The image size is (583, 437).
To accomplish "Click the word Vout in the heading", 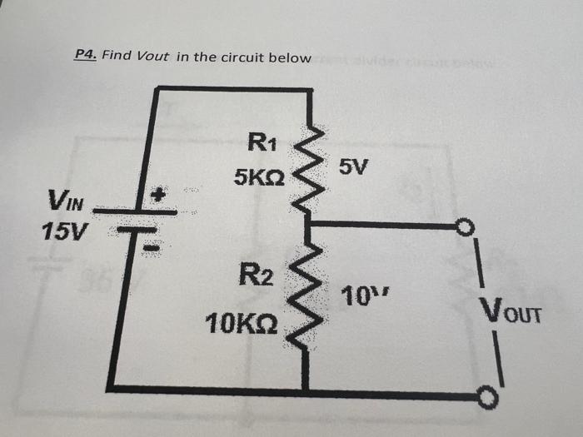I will pos(152,57).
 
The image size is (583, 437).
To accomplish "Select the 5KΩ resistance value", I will pos(261,178).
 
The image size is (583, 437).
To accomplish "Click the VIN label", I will pos(65,201).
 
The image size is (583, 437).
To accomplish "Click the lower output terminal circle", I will pos(486,399).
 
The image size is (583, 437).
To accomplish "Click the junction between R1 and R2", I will pos(307,224).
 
